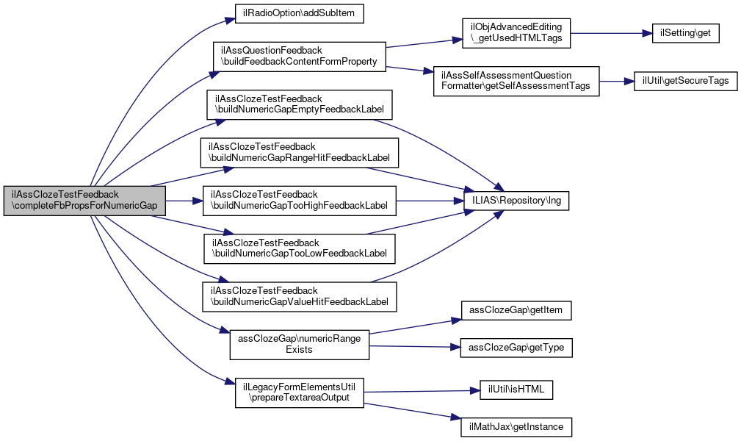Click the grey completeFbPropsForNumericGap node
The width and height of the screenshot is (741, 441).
point(84,201)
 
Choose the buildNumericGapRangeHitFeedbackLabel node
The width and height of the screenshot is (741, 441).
point(299,152)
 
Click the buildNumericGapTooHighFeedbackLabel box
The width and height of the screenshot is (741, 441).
point(300,200)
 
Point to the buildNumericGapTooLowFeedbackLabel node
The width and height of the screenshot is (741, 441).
point(300,248)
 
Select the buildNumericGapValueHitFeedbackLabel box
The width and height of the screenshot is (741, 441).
point(300,296)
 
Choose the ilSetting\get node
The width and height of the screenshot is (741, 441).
point(685,33)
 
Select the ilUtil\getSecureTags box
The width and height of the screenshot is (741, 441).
point(685,81)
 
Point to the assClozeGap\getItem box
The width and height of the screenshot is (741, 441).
point(516,310)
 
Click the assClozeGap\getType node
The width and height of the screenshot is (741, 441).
point(516,347)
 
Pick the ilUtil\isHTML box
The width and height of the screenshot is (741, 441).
point(516,390)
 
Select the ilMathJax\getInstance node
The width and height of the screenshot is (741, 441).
point(516,426)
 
